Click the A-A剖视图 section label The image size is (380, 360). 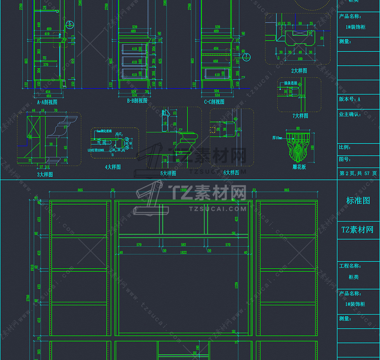coord(49,102)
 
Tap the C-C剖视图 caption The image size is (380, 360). coord(214,102)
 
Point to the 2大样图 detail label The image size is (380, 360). coord(299,71)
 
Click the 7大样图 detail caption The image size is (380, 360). coord(300,116)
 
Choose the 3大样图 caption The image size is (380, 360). coord(45,174)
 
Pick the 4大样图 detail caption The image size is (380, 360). coord(113,167)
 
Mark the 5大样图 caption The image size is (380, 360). coord(168,174)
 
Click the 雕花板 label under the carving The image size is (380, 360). coord(299,167)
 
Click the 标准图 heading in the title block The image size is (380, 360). coord(358,201)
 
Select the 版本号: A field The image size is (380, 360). coord(350,99)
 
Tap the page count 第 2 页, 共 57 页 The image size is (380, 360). coord(358,174)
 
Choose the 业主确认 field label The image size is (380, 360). coord(350,114)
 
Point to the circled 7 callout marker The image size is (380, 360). coord(247,56)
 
